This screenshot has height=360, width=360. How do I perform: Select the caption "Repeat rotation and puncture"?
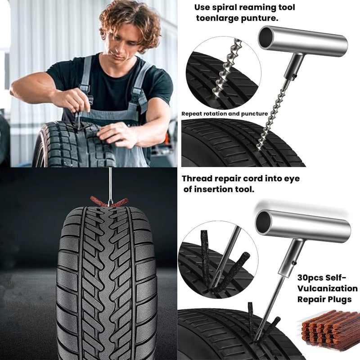(225, 114)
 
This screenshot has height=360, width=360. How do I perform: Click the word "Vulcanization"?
(328, 288)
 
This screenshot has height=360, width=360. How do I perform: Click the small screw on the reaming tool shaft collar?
(295, 76)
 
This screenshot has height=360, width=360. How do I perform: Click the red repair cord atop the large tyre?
(109, 202)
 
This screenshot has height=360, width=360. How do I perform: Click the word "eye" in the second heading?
(291, 179)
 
